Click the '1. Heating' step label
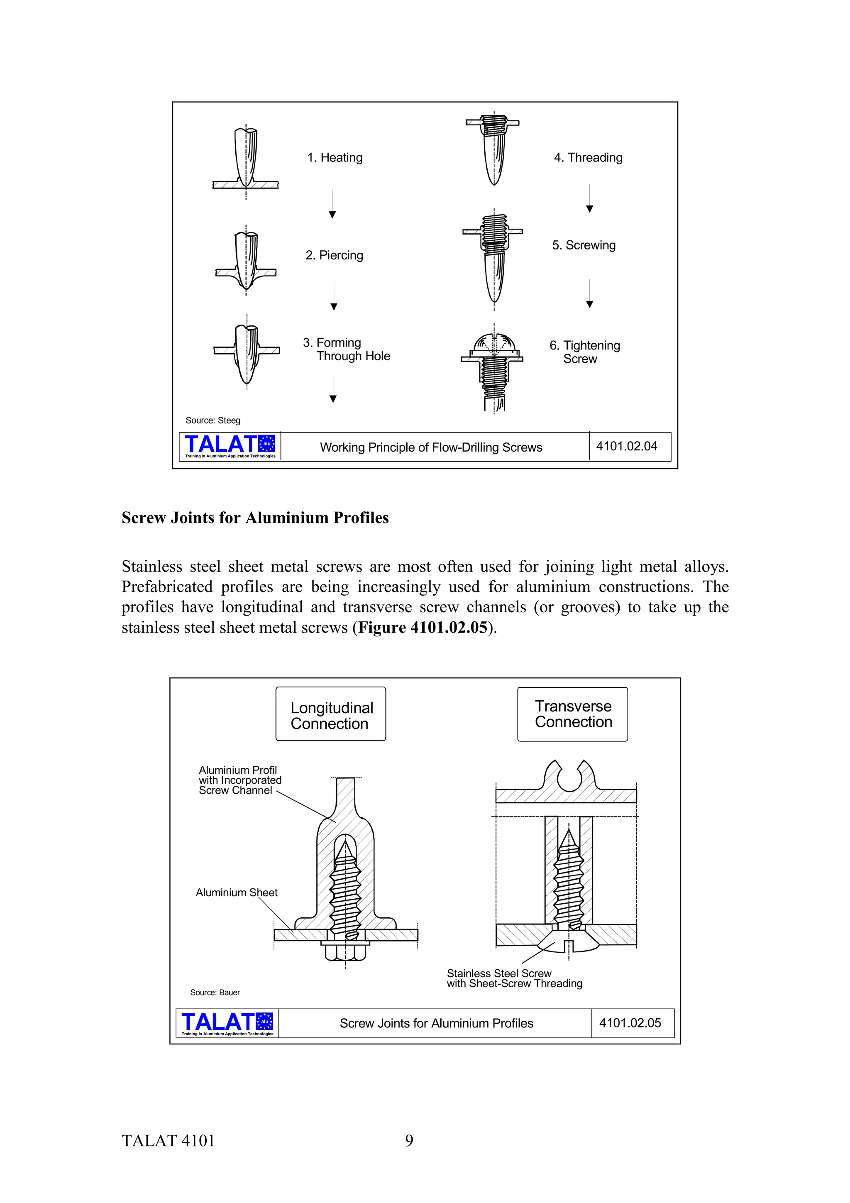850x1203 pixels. pos(335,158)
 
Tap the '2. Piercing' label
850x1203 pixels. pos(334,255)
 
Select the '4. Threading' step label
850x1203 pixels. pos(588,158)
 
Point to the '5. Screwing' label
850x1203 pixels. pos(584,245)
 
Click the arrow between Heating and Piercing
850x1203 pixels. pos(332,204)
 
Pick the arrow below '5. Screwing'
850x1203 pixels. pos(589,293)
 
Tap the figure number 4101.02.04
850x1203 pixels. pos(626,446)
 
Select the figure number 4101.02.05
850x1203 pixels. pos(630,1023)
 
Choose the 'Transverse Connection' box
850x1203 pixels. pos(572,714)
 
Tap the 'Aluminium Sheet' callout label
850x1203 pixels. pos(236,893)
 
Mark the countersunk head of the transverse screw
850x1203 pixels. pos(568,942)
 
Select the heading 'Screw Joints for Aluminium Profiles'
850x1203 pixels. pos(255,518)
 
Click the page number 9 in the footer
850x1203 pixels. pos(409,1141)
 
